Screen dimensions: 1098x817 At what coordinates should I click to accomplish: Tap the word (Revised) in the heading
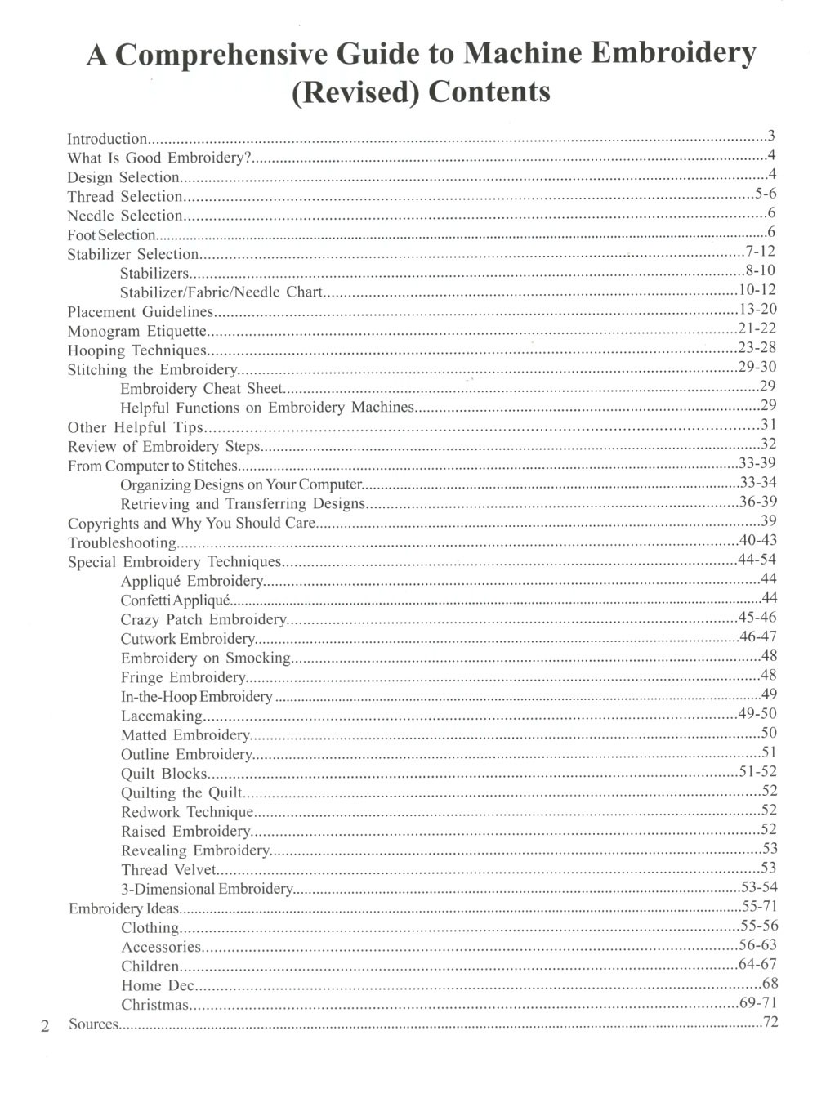[x=355, y=91]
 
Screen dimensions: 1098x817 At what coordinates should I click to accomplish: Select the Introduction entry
[x=107, y=139]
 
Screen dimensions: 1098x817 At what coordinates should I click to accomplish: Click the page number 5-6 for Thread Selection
[x=765, y=194]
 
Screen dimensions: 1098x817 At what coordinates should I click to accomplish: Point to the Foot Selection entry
[x=111, y=235]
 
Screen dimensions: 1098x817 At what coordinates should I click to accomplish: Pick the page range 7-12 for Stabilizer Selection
[x=760, y=252]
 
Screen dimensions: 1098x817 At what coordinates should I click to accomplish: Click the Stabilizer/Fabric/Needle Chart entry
[x=221, y=292]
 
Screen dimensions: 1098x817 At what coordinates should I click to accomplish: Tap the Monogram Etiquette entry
[x=136, y=331]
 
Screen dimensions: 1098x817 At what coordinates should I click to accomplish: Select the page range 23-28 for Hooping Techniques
[x=757, y=348]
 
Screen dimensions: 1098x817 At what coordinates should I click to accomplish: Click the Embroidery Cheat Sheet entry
[x=201, y=389]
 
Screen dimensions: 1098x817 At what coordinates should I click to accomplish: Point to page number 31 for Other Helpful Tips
[x=768, y=425]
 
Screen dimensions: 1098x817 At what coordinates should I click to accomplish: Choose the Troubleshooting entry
[x=122, y=542]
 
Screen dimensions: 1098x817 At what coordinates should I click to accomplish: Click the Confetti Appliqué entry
[x=176, y=600]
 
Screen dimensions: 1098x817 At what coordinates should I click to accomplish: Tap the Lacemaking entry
[x=161, y=716]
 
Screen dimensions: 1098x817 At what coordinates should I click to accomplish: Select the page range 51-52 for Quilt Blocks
[x=757, y=772]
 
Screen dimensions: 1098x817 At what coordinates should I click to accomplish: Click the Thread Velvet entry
[x=168, y=869]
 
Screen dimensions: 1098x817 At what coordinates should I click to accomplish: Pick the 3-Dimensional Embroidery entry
[x=207, y=889]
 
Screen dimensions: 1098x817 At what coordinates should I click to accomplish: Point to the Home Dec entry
[x=158, y=985]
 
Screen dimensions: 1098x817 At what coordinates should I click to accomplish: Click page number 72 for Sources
[x=770, y=1022]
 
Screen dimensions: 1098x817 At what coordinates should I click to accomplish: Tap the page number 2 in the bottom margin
[x=46, y=1026]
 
